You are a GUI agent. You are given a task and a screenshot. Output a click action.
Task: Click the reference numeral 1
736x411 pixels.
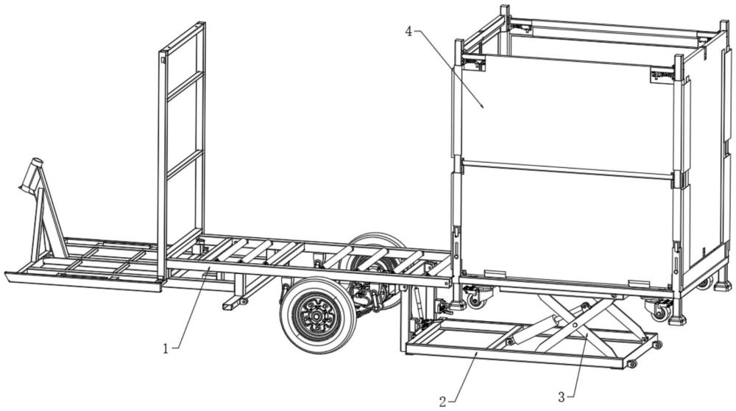pos(166,348)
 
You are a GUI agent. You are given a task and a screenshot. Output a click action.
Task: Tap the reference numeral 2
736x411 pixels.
pos(442,401)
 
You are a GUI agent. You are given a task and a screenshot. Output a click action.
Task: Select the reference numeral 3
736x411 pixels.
pos(562,397)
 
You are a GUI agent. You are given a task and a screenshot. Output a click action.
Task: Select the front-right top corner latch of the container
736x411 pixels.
pos(662,75)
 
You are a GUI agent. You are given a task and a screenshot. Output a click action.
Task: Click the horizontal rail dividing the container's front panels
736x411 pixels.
pos(567,169)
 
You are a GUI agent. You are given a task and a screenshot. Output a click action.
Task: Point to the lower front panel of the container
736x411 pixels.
pos(567,225)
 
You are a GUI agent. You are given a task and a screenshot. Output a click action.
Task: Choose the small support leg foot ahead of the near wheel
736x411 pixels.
pos(232,303)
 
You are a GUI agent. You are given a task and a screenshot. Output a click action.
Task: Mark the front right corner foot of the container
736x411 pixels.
pos(676,320)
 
